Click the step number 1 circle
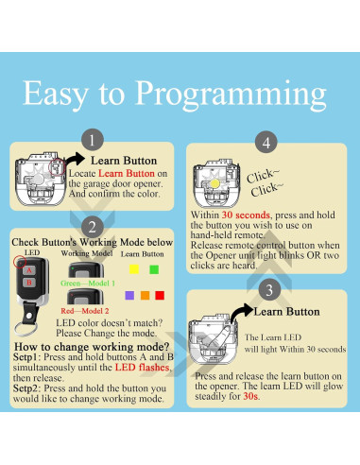click(93, 140)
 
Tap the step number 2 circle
click(93, 227)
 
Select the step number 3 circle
click(269, 290)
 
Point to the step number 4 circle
click(266, 142)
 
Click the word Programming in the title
click(231, 95)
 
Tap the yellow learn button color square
click(134, 269)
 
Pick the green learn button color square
click(154, 269)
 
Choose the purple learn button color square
click(129, 295)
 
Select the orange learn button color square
click(145, 295)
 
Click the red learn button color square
click(160, 295)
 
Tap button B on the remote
click(29, 283)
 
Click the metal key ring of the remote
click(26, 328)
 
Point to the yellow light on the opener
click(214, 183)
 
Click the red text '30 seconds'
click(246, 215)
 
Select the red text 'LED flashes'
click(142, 368)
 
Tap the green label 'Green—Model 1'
click(88, 284)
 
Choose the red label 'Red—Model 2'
click(85, 311)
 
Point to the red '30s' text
click(250, 396)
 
